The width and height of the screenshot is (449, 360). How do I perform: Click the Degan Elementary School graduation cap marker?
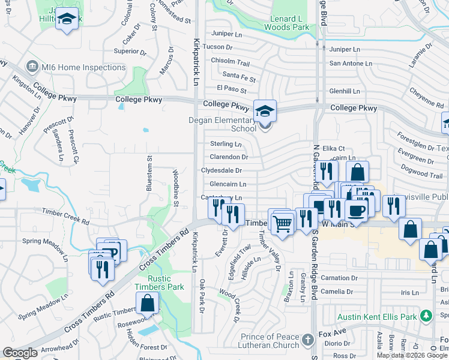pos(264,112)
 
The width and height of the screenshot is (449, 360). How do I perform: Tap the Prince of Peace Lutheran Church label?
pos(270,341)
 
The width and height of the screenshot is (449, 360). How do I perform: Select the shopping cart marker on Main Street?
pos(282,224)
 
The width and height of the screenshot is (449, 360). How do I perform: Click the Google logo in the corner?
pos(20,353)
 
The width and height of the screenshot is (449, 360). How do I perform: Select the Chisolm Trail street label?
pos(230,62)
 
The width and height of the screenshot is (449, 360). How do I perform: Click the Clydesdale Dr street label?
pos(221,170)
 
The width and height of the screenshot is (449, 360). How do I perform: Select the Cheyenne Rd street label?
pos(426,92)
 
